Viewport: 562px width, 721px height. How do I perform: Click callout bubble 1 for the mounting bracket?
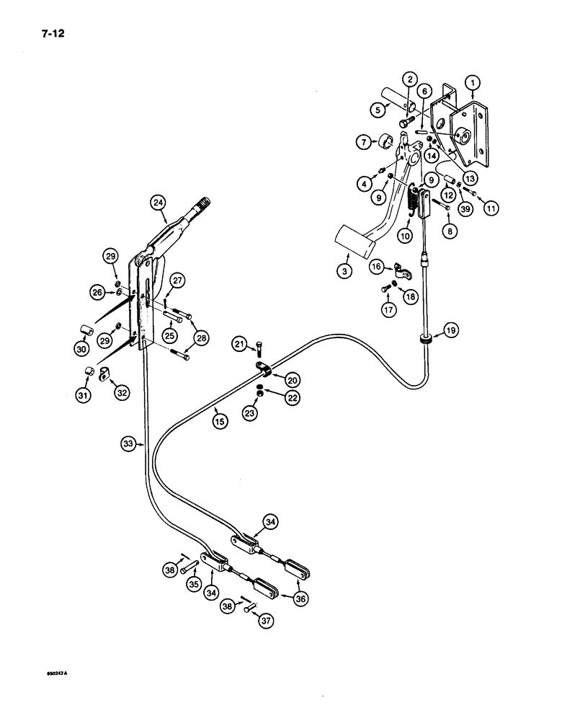coord(472,84)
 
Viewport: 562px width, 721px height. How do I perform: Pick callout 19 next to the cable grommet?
coord(450,331)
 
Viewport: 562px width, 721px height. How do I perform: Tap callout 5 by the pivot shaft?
coord(377,110)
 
